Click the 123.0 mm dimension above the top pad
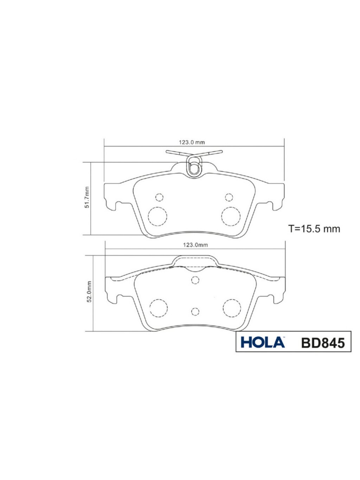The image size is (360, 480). coord(192,142)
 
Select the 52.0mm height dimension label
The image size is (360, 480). coord(89,292)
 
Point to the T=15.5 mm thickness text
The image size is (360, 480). coord(314,229)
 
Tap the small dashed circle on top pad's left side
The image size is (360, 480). coord(160,197)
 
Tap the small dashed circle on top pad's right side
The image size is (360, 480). coord(229,197)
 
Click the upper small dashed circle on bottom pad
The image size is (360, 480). coord(195,280)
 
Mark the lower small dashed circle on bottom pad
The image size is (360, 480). coord(195,311)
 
